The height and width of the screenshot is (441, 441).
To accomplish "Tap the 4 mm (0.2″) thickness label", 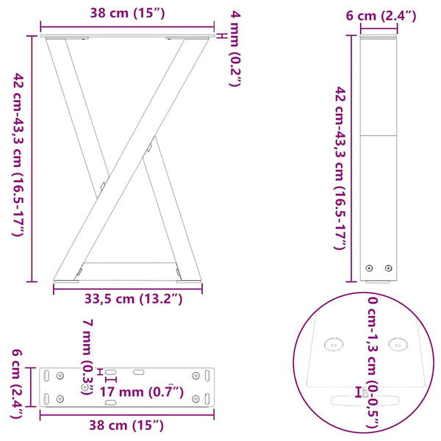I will (234, 49).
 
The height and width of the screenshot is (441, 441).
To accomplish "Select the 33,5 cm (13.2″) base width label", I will (129, 298).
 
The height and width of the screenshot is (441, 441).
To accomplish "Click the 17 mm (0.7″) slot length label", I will (141, 392).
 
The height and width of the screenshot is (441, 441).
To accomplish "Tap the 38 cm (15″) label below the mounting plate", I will (127, 426).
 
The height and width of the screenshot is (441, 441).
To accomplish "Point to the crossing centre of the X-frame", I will (126, 165).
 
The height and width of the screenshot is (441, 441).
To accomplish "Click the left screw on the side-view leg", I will (371, 269).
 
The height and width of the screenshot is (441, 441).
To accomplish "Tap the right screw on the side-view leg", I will (390, 269).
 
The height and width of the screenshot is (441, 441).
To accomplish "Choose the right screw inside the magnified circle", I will (398, 342).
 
